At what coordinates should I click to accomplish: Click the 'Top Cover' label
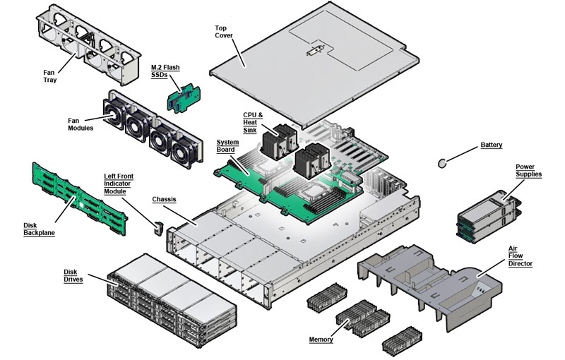(225, 33)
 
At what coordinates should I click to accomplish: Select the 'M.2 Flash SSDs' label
(165, 71)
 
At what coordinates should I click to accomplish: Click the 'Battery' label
(492, 145)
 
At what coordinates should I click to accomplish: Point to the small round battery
(444, 163)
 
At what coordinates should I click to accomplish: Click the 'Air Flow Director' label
(521, 256)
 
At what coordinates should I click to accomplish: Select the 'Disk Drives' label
(73, 276)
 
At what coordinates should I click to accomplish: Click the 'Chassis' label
(164, 200)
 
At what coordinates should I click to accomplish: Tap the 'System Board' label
(227, 146)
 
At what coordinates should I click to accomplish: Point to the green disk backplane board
(78, 196)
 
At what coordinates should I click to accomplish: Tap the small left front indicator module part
(158, 229)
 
